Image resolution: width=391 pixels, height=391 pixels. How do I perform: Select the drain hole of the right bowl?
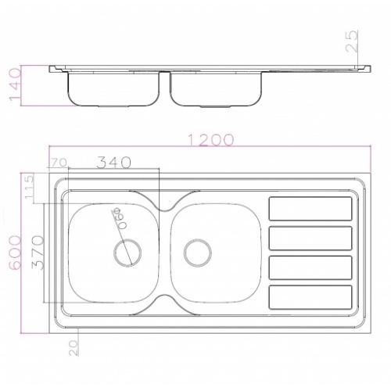click(x=199, y=252)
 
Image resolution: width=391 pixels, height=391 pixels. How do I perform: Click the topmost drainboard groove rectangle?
click(x=310, y=208)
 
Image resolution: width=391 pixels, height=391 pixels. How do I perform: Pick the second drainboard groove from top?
click(x=310, y=238)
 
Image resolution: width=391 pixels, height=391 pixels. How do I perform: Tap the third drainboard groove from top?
click(x=310, y=267)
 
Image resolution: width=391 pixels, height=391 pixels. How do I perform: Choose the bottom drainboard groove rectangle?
click(x=310, y=296)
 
